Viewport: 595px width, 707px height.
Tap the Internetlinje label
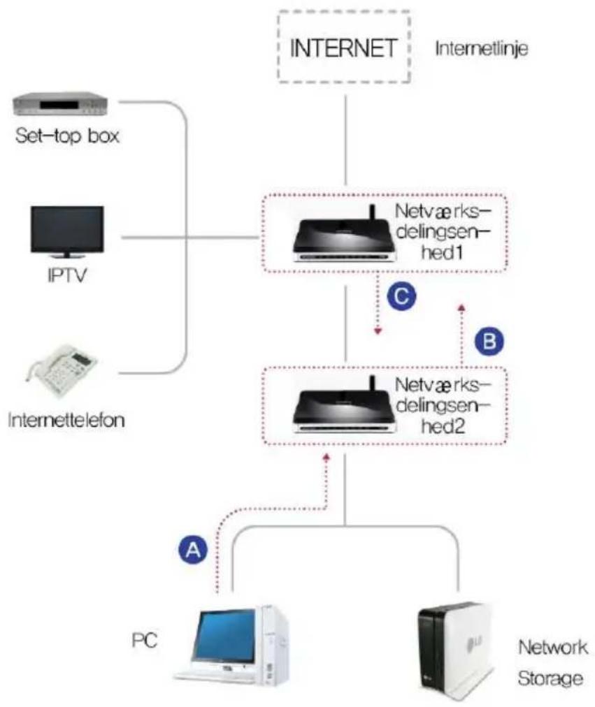point(481,48)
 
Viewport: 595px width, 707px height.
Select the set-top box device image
point(60,104)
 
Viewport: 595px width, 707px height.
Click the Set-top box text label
point(67,136)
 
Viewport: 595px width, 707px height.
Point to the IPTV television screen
point(67,230)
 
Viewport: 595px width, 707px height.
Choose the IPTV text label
point(66,275)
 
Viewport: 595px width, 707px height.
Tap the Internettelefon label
point(66,420)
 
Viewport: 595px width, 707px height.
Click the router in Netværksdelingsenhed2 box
point(345,407)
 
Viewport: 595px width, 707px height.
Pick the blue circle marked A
point(193,550)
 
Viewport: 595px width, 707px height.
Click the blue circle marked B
point(489,341)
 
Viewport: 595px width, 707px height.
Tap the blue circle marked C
point(401,296)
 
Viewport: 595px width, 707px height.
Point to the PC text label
point(144,640)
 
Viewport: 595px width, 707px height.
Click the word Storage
point(550,678)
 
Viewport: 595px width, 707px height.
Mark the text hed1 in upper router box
point(442,252)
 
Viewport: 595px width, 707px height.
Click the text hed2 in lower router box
point(443,425)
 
